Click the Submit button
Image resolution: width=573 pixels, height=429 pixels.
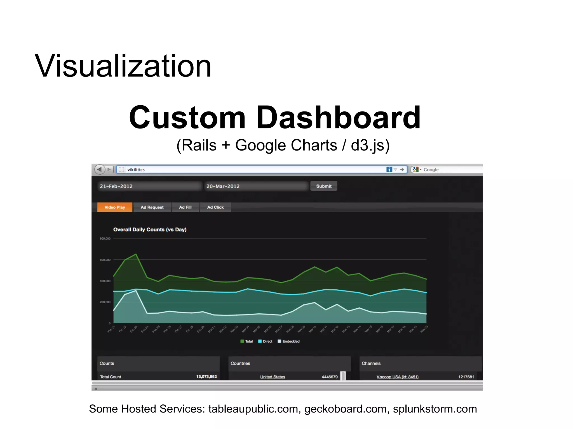[324, 186]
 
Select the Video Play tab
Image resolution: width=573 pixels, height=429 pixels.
[115, 207]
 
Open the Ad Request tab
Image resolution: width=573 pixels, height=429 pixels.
[152, 207]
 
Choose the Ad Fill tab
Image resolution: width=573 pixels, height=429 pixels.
[185, 207]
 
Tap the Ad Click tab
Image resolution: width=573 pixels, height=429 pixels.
[215, 207]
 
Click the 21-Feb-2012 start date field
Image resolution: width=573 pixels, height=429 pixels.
[149, 186]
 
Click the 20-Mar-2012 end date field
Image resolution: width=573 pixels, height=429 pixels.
[256, 186]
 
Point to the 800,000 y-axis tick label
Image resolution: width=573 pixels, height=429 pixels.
[105, 239]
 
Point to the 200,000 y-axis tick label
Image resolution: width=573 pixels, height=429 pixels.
[105, 302]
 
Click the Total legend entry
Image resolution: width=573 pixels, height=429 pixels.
[247, 341]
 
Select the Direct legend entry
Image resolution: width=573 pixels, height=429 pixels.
[265, 341]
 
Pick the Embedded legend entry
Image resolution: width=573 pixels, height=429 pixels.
[289, 341]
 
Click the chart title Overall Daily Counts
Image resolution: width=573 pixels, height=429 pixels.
[150, 230]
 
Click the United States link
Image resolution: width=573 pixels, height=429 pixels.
[273, 377]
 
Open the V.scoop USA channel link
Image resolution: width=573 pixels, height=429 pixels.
[397, 377]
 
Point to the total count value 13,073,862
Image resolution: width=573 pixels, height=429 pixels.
[206, 376]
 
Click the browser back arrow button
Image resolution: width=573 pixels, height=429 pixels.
[99, 169]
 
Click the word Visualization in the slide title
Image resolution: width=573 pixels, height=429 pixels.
[123, 66]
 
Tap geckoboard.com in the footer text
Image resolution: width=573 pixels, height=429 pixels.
[345, 409]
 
